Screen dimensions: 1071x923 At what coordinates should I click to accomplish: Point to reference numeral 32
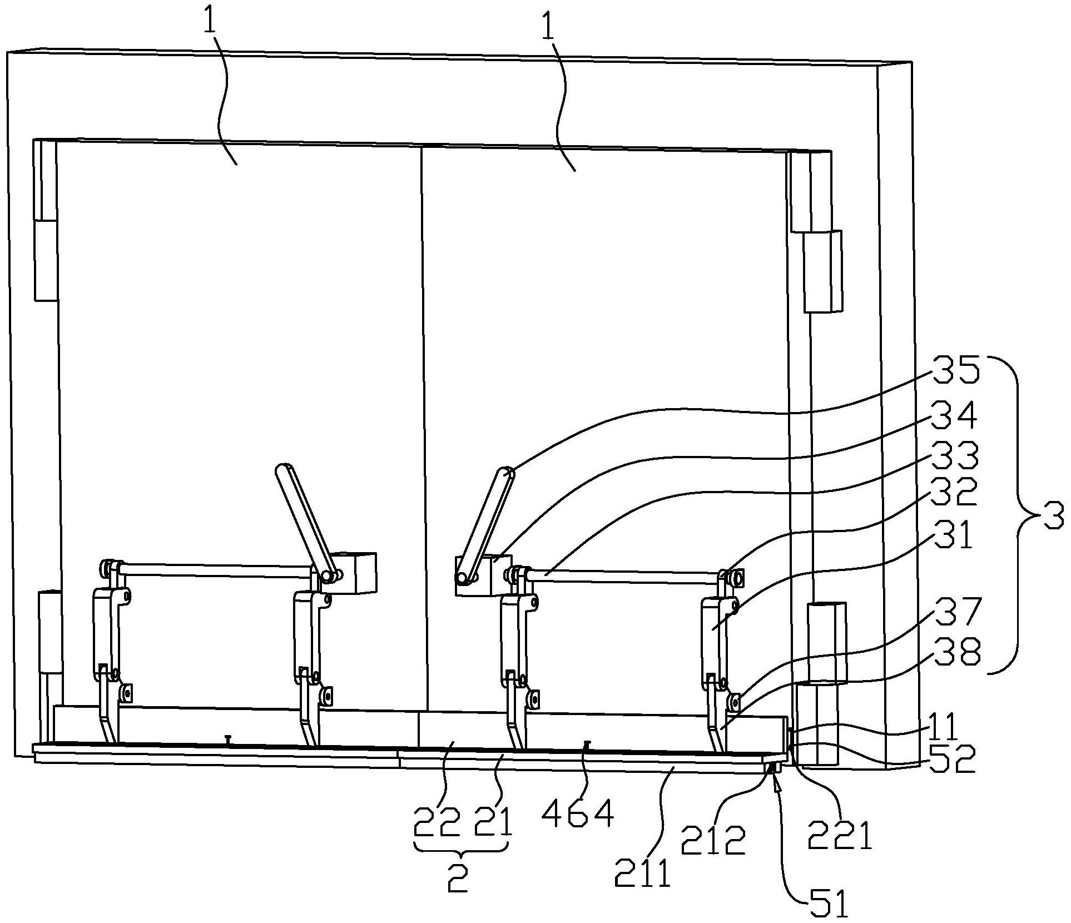954,492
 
